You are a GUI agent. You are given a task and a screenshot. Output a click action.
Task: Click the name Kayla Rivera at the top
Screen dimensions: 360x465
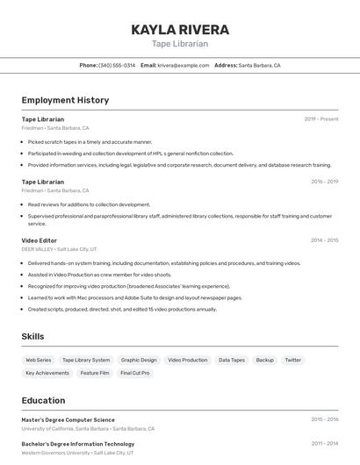pos(180,30)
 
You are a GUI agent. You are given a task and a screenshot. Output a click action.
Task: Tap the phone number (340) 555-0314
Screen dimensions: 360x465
pos(117,65)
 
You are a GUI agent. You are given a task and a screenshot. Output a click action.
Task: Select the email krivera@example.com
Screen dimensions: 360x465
pos(176,65)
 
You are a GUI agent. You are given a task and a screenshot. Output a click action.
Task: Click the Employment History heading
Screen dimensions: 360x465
pos(65,100)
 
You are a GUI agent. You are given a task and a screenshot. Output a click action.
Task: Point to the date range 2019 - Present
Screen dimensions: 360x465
pos(320,119)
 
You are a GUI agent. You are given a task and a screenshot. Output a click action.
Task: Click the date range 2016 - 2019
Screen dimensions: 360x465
pos(324,182)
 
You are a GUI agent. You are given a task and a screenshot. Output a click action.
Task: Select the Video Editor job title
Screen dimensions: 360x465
pos(40,240)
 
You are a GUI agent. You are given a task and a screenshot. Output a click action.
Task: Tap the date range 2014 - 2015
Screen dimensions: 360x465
pos(324,240)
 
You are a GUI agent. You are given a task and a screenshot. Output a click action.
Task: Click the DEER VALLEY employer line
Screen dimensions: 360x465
pos(60,249)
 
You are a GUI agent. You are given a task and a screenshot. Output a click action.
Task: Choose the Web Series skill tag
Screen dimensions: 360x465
pos(38,360)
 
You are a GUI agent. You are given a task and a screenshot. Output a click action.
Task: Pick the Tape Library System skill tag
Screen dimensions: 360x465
pos(86,360)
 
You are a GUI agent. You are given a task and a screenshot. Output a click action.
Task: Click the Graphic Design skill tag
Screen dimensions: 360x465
pos(139,360)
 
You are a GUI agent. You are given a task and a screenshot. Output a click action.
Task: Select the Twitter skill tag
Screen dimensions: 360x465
pos(292,360)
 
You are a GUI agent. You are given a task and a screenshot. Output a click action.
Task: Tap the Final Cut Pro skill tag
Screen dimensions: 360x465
pos(134,373)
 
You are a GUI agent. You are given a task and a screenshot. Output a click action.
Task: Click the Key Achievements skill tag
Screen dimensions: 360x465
pos(47,373)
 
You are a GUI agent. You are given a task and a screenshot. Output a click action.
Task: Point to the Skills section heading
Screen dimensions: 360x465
pos(32,336)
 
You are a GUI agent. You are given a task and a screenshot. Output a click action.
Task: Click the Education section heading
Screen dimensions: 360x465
pos(43,400)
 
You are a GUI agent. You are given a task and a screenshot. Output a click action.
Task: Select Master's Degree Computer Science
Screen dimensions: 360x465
pos(68,419)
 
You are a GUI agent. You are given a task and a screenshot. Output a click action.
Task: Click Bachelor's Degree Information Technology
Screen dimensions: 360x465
pos(78,444)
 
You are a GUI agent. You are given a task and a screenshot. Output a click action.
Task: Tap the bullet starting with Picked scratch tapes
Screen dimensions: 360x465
pos(90,141)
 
